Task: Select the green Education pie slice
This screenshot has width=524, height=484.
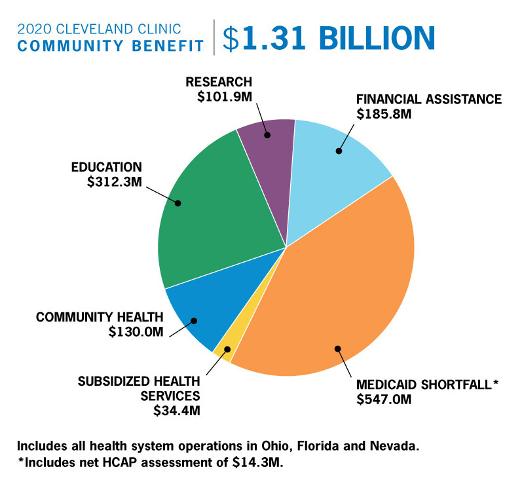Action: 216,210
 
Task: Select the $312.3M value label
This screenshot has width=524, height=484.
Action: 114,181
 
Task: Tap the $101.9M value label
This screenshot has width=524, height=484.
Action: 224,96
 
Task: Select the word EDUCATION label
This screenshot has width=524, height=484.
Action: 106,166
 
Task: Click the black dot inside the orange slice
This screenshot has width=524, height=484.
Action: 338,348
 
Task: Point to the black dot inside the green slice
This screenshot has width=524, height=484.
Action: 178,203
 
